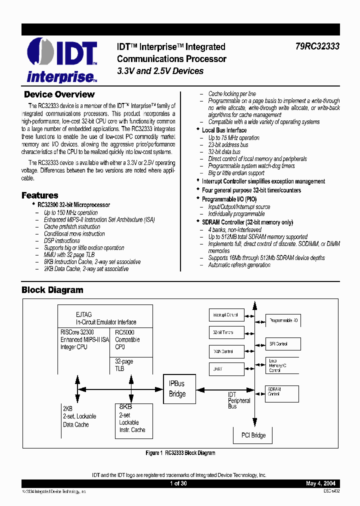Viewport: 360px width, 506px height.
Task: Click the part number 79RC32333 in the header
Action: click(317, 46)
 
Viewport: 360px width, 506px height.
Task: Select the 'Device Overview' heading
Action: click(59, 94)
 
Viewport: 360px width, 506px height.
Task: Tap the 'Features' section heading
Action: click(39, 195)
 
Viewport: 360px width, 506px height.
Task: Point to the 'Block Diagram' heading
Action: click(52, 290)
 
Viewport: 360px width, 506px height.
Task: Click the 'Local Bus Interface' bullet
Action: click(224, 130)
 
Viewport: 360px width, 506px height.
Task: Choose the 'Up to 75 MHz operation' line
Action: click(233, 137)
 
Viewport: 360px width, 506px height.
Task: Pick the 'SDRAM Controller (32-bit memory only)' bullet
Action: click(247, 222)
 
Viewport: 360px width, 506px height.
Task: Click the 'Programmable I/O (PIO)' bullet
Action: click(230, 198)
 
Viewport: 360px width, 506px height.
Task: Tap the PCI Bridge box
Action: click(253, 435)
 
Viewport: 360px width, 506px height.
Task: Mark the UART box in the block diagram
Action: click(226, 369)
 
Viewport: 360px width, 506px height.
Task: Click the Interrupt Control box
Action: click(226, 315)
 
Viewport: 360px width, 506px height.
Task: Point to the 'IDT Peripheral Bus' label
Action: click(239, 400)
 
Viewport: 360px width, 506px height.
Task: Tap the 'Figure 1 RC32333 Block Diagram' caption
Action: click(180, 453)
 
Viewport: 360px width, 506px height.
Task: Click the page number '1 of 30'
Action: click(178, 483)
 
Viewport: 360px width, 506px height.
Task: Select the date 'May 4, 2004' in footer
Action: click(320, 483)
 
